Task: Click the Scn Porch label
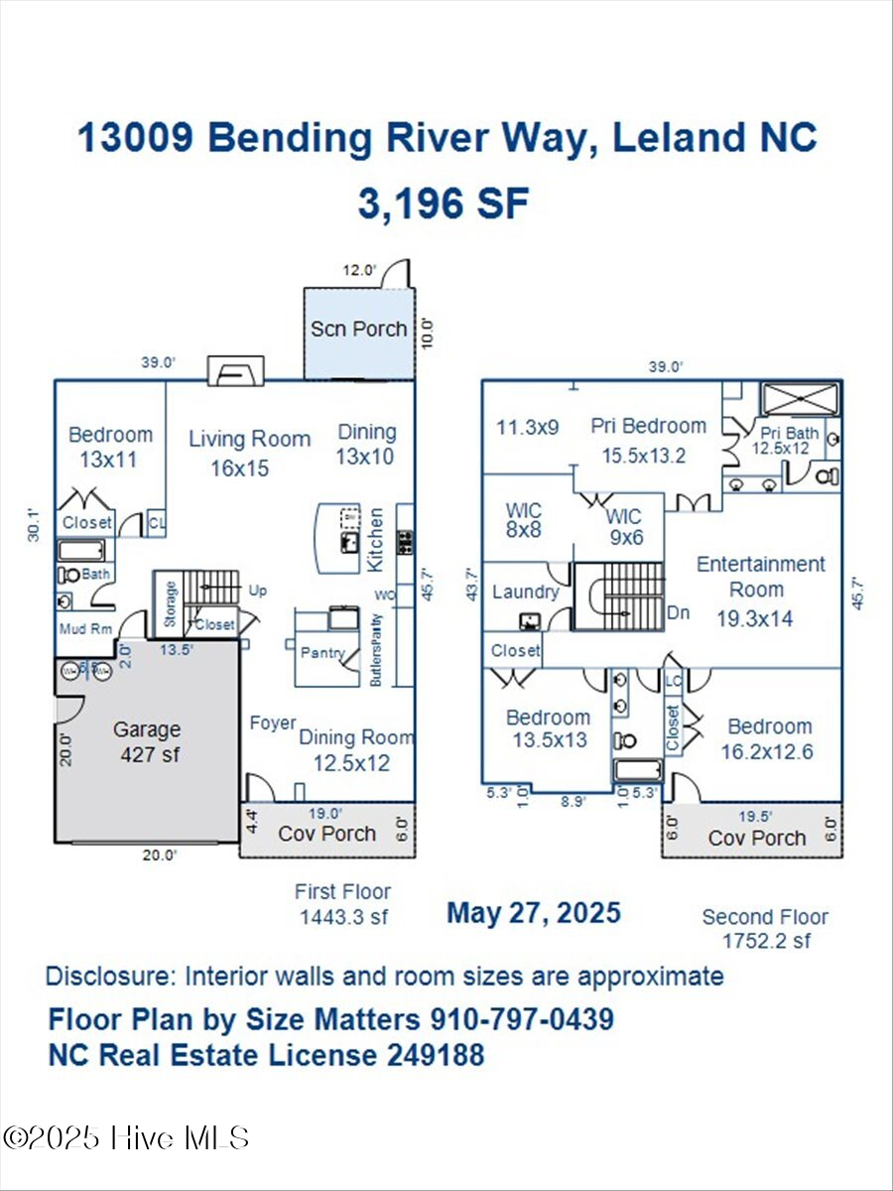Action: [x=358, y=329]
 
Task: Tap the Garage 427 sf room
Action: [x=147, y=741]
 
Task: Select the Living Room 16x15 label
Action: [x=249, y=453]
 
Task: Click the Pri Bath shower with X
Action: [x=800, y=400]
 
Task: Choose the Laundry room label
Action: [x=525, y=593]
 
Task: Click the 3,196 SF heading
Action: [x=444, y=203]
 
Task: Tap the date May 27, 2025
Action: [x=534, y=912]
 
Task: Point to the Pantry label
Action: [x=323, y=653]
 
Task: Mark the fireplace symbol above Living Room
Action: [x=236, y=372]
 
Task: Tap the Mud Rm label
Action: [x=84, y=626]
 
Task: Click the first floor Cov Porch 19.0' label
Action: [x=325, y=833]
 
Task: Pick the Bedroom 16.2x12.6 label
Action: [x=766, y=738]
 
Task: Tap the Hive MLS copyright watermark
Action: [x=126, y=1137]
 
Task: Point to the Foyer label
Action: [x=273, y=724]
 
